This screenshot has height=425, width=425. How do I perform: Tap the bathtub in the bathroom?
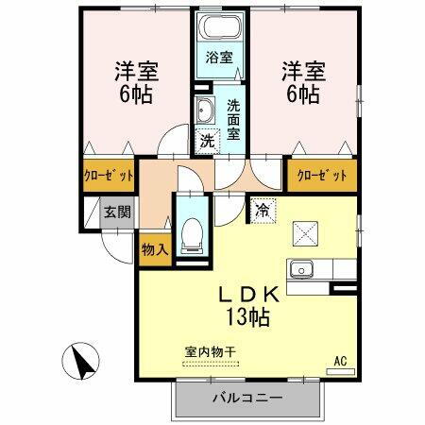(x=219, y=28)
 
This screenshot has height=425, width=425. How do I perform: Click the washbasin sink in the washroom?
(x=204, y=110)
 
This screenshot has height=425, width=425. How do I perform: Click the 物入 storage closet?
(x=154, y=249)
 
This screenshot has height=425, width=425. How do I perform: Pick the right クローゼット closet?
(x=323, y=176)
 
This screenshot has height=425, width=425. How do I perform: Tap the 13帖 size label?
(x=247, y=317)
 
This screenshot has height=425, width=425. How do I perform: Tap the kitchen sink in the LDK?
(x=304, y=268)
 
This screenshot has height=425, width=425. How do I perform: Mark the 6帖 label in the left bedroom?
(x=132, y=94)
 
